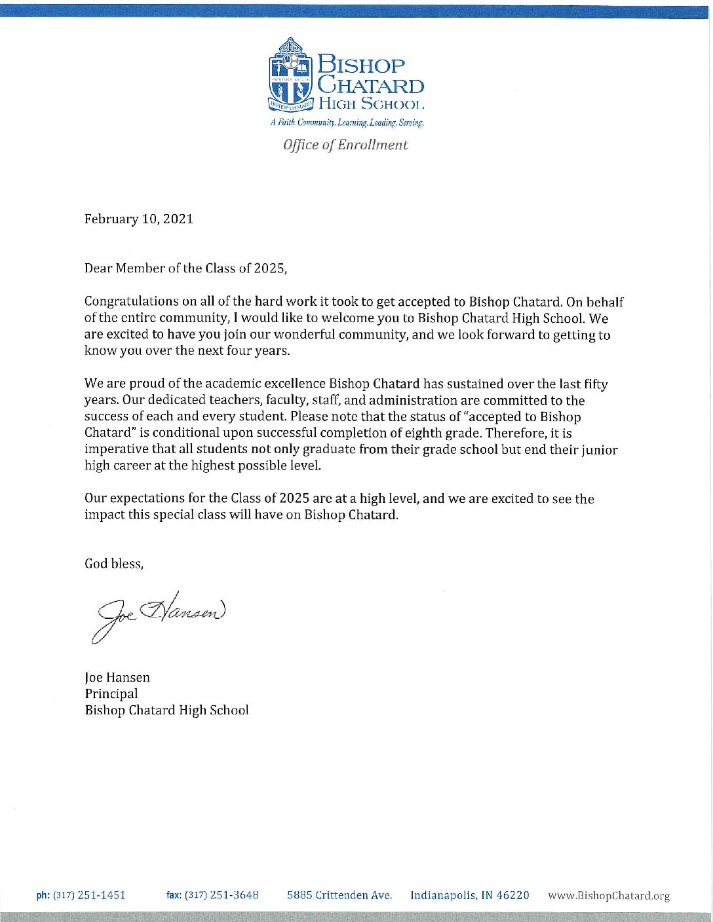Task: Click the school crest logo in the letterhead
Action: (x=292, y=74)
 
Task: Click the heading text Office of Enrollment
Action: (x=345, y=145)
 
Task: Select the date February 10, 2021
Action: (x=139, y=219)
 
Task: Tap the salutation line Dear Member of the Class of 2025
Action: (x=185, y=268)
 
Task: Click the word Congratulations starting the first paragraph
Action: (x=132, y=302)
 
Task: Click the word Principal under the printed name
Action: (x=111, y=694)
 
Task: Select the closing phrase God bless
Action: (x=113, y=564)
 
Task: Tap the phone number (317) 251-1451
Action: (x=89, y=895)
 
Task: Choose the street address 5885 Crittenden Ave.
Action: (x=339, y=895)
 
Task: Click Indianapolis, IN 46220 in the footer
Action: (x=470, y=895)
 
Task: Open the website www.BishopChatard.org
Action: (x=609, y=896)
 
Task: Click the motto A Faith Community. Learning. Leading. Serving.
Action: (x=347, y=123)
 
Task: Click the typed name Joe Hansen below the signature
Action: (x=117, y=678)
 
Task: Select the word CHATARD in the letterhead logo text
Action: (x=371, y=86)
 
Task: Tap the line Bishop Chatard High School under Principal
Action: (x=166, y=710)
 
